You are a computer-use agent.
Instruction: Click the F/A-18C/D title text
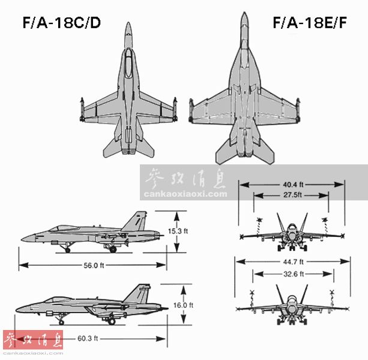point(62,23)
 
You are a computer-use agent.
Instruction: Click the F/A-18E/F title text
point(310,23)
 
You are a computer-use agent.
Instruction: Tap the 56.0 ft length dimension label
point(94,265)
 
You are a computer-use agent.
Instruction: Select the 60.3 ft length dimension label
point(88,338)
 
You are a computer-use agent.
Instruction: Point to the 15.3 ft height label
point(178,231)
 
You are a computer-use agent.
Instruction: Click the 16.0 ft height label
point(183,305)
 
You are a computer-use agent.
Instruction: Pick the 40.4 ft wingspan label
point(293,185)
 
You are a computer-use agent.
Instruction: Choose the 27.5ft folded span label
point(293,195)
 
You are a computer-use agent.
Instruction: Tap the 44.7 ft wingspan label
point(293,262)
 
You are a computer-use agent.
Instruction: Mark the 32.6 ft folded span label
point(294,274)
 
